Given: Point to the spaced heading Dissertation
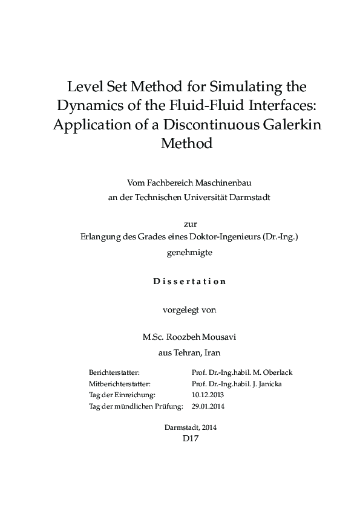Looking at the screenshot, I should coord(190,281).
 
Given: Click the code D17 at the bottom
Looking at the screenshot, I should coord(191,439).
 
